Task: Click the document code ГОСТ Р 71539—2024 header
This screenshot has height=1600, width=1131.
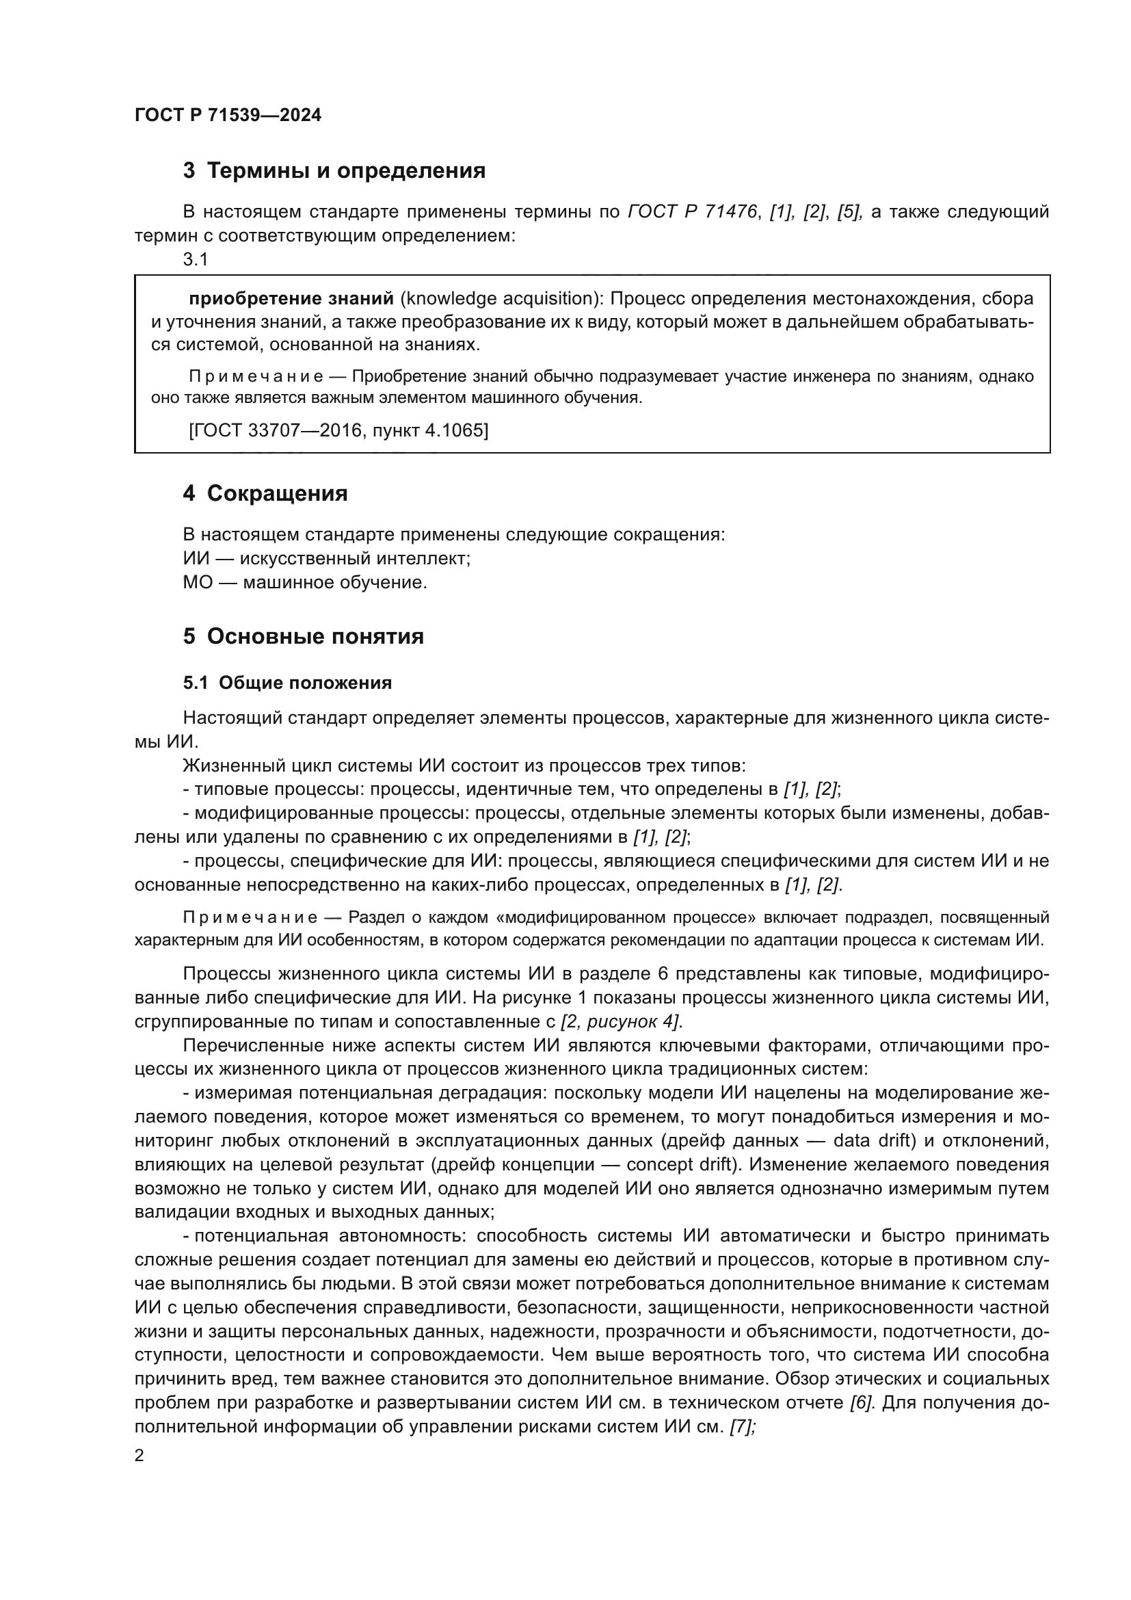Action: point(228,116)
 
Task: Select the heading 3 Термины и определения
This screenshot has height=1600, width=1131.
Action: point(334,171)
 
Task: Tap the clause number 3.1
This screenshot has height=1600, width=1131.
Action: point(196,259)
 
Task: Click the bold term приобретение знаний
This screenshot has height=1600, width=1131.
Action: point(291,299)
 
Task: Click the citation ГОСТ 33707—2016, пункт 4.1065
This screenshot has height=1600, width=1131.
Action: point(338,430)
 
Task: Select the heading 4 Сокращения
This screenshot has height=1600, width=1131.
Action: point(265,493)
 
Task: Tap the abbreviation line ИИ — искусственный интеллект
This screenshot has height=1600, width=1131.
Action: point(327,558)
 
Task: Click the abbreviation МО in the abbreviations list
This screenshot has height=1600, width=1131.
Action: point(197,582)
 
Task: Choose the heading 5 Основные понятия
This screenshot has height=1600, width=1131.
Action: point(303,636)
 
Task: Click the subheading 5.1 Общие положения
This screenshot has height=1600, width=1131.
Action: point(287,683)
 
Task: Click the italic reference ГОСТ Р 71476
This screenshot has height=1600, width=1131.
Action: point(691,212)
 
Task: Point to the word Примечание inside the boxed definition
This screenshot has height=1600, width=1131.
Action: point(256,377)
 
